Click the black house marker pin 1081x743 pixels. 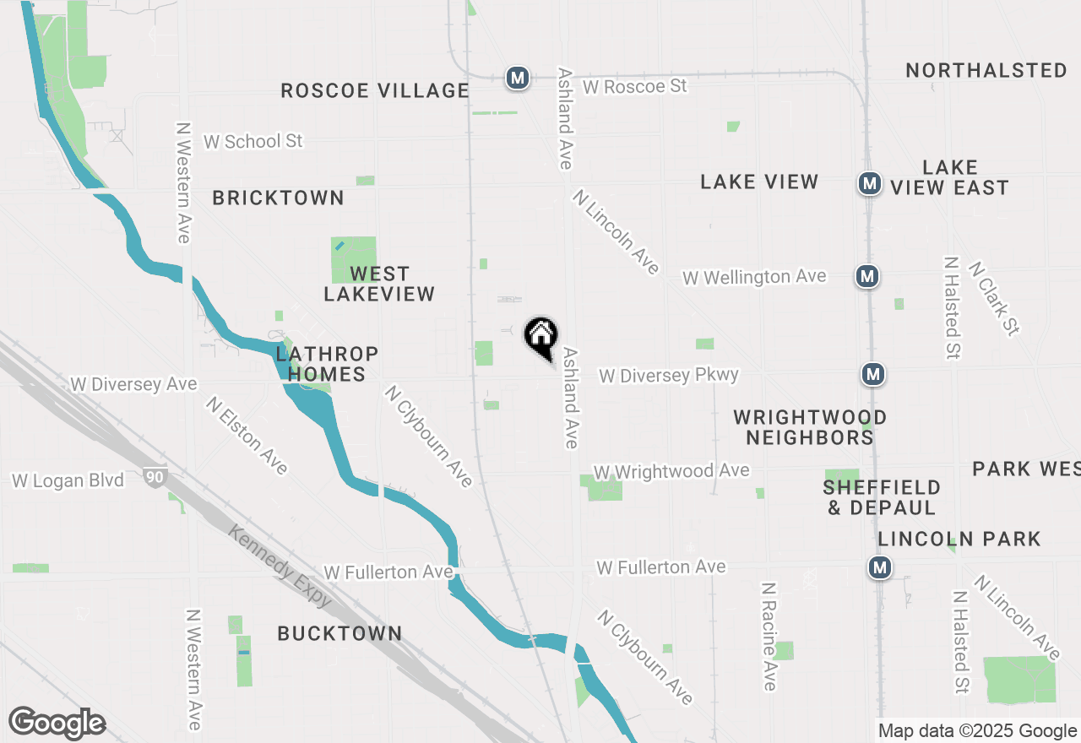pyautogui.click(x=540, y=336)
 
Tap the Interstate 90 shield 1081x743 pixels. pyautogui.click(x=155, y=477)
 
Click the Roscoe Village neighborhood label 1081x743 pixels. pyautogui.click(x=374, y=90)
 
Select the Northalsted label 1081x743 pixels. pyautogui.click(x=986, y=70)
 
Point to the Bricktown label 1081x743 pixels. pyautogui.click(x=278, y=198)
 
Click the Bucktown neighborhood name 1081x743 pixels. pyautogui.click(x=340, y=633)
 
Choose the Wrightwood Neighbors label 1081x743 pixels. pyautogui.click(x=810, y=427)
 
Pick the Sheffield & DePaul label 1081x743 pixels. pyautogui.click(x=882, y=497)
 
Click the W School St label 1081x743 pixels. pyautogui.click(x=253, y=141)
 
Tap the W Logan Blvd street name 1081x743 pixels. pyautogui.click(x=68, y=480)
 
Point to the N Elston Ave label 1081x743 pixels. pyautogui.click(x=247, y=435)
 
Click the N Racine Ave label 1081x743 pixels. pyautogui.click(x=769, y=636)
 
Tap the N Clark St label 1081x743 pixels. pyautogui.click(x=994, y=297)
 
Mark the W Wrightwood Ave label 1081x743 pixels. pyautogui.click(x=671, y=471)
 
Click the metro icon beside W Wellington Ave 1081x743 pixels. pyautogui.click(x=866, y=275)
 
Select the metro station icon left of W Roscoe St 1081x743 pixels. pyautogui.click(x=517, y=79)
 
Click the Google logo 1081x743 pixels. pyautogui.click(x=57, y=723)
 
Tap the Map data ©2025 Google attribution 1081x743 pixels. pyautogui.click(x=977, y=731)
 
